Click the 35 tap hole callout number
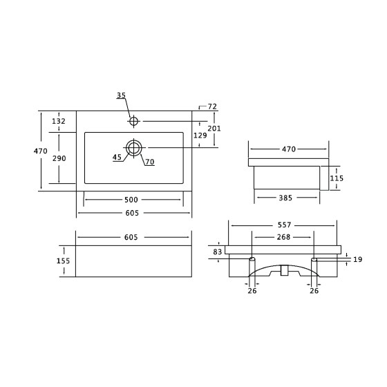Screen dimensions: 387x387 click(x=121, y=95)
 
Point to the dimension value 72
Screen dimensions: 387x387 click(x=212, y=106)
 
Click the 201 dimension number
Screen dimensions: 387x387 click(x=214, y=129)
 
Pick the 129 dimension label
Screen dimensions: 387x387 click(x=200, y=135)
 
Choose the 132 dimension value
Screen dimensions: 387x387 click(x=59, y=121)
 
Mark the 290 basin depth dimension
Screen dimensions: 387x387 click(x=59, y=158)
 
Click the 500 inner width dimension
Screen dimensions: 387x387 click(x=131, y=200)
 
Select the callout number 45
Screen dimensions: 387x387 click(x=117, y=158)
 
